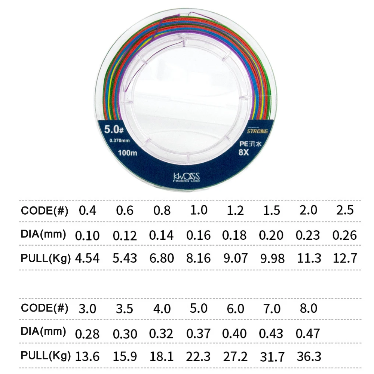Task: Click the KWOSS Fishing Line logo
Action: pos(186,177)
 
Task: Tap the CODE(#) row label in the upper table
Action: pos(45,211)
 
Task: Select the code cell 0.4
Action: pos(87,211)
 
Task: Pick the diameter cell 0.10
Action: pos(88,235)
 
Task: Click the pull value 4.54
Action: pos(88,258)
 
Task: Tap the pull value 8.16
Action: pos(198,258)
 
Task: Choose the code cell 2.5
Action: pos(344,210)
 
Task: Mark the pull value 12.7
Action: pos(344,258)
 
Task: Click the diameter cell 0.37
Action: pos(198,333)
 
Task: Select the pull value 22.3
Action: pos(198,356)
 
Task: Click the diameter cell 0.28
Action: pos(88,333)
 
